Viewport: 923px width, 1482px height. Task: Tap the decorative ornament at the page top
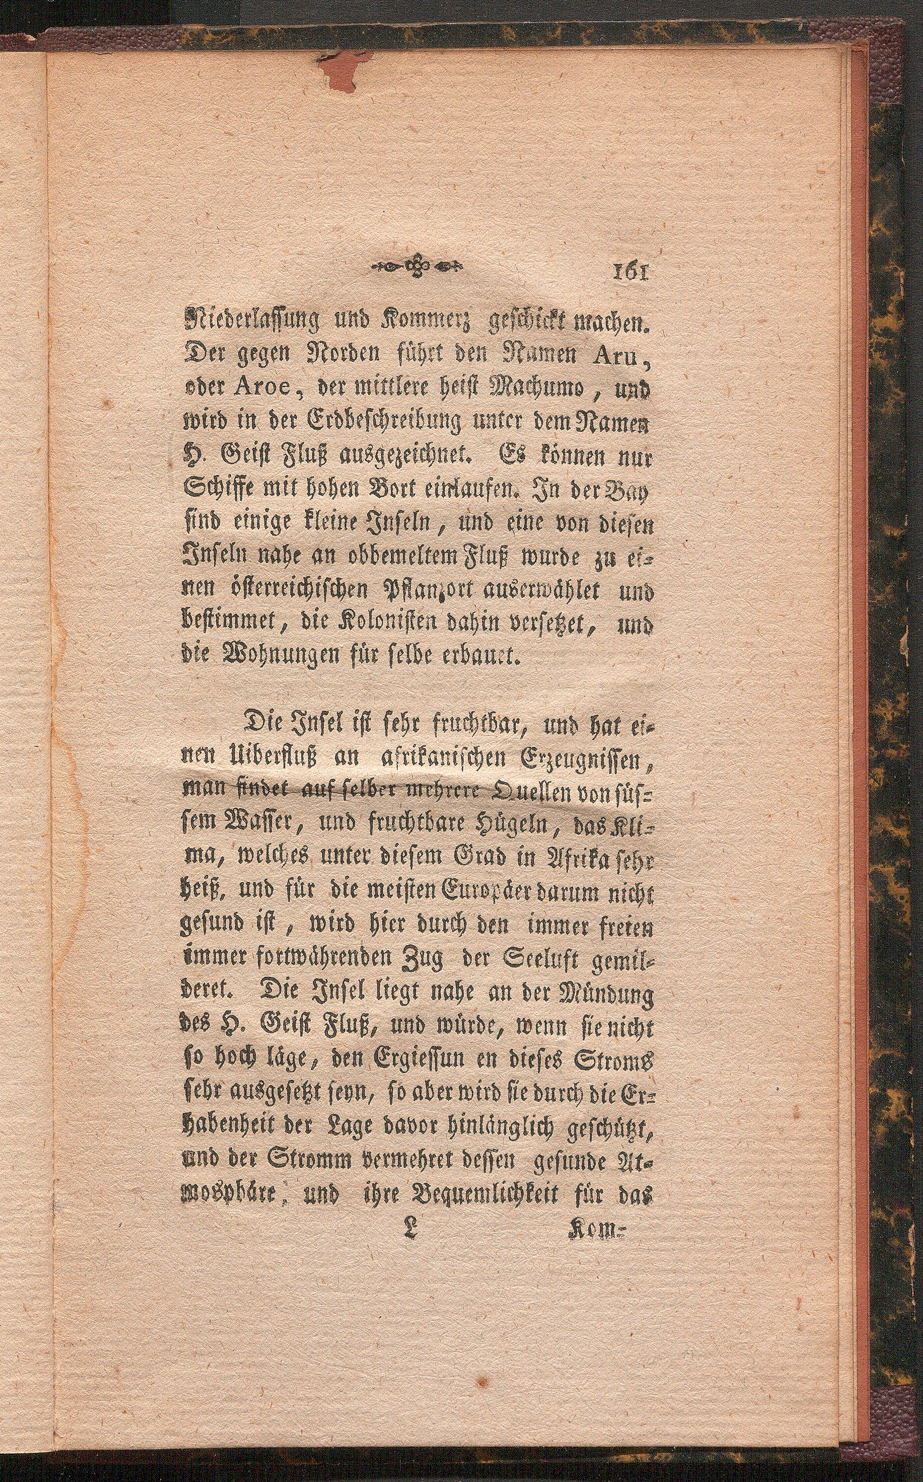click(418, 265)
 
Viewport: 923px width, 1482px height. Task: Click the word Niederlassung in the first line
click(246, 319)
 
